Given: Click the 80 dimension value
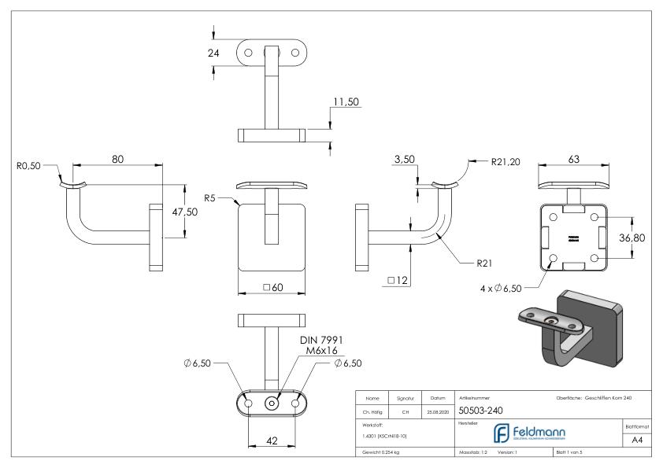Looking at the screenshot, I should [118, 158].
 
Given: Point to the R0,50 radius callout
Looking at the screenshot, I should [30, 166].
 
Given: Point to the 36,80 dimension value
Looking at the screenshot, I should [635, 238].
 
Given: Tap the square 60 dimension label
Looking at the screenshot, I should [272, 288].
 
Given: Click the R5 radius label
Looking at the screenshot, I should [209, 198].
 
